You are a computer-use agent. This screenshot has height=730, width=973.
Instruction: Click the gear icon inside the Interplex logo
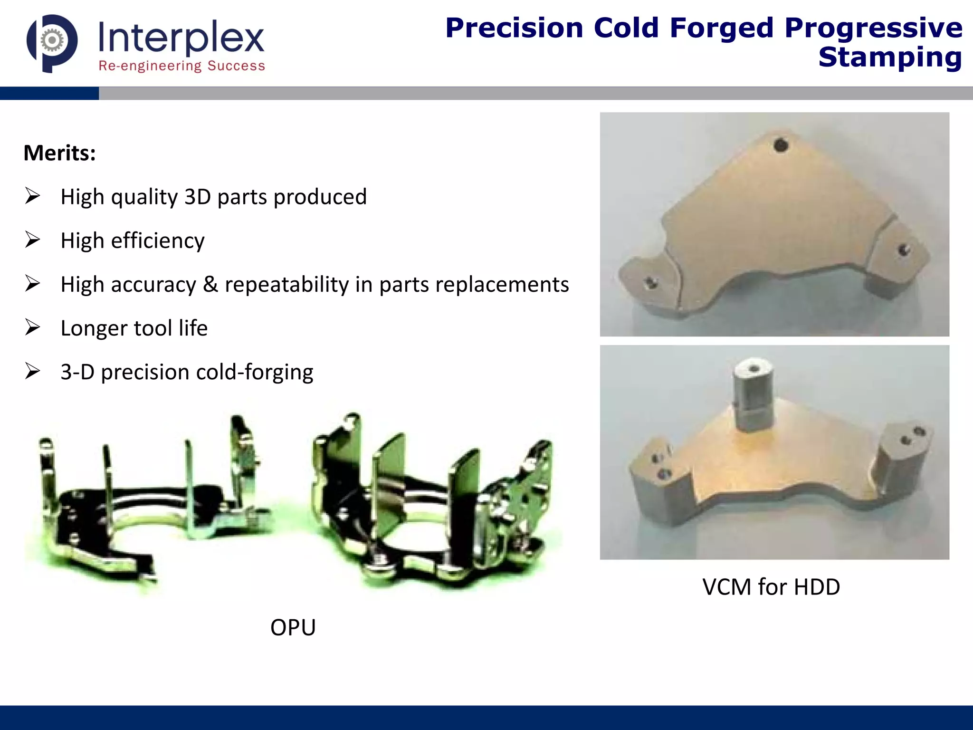[52, 41]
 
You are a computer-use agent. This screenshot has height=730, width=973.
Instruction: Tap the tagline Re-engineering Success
[181, 66]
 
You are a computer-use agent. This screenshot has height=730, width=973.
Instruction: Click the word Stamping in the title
[890, 58]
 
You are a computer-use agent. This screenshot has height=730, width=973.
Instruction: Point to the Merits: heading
[60, 153]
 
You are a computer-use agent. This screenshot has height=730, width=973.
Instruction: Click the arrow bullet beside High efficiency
[32, 240]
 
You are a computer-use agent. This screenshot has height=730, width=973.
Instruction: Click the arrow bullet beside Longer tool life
[32, 327]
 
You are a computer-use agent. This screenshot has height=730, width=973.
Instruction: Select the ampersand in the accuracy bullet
[210, 284]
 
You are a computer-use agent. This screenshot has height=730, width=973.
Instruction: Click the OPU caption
[293, 627]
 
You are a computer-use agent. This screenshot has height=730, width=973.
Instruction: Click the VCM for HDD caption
[771, 587]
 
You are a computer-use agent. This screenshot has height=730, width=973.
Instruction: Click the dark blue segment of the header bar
[49, 93]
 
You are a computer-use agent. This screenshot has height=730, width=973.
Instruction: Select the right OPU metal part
[432, 504]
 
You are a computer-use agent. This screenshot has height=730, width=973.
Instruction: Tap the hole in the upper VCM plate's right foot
[903, 249]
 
